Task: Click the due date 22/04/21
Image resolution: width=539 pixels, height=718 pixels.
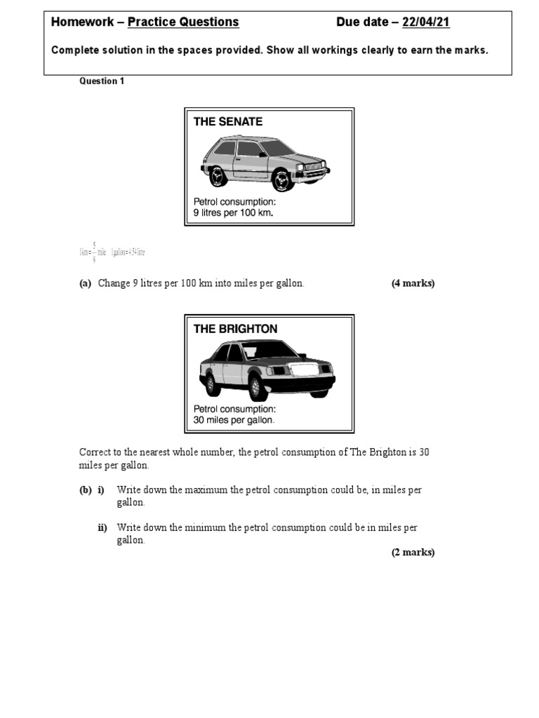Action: click(x=425, y=22)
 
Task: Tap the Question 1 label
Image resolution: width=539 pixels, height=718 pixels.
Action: click(x=102, y=81)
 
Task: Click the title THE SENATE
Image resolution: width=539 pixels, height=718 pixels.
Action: click(x=228, y=121)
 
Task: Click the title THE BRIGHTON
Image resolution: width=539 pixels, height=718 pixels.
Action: click(x=235, y=328)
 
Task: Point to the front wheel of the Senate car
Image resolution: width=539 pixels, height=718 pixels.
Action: click(x=282, y=181)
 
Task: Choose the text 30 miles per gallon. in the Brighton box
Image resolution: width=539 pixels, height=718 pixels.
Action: click(x=234, y=420)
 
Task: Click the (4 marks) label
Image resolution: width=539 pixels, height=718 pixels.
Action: click(x=413, y=283)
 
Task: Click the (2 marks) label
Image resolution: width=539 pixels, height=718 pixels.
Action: click(x=413, y=553)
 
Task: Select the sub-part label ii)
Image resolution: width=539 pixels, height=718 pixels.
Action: click(x=102, y=528)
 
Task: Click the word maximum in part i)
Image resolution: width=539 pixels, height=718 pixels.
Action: click(x=206, y=490)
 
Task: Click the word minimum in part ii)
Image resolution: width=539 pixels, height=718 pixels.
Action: click(x=205, y=528)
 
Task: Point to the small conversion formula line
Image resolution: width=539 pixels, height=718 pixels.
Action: click(x=112, y=252)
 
